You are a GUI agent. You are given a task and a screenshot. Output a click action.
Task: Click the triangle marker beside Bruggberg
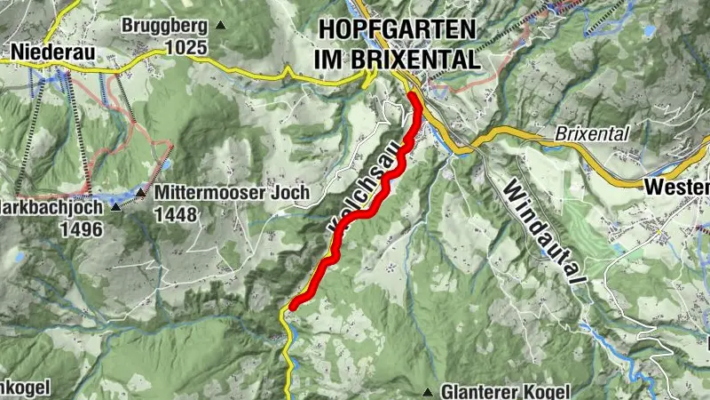point(221,25)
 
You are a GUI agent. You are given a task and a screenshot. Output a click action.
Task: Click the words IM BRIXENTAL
point(398,60)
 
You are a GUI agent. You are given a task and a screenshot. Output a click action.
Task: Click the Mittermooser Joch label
point(231,192)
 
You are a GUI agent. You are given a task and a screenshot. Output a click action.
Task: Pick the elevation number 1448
point(175,214)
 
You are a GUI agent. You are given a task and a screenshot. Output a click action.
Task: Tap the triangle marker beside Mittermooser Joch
point(141,192)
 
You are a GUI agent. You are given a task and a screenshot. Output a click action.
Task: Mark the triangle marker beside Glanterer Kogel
point(429,391)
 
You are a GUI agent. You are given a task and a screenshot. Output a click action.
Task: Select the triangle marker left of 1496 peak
point(116,207)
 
